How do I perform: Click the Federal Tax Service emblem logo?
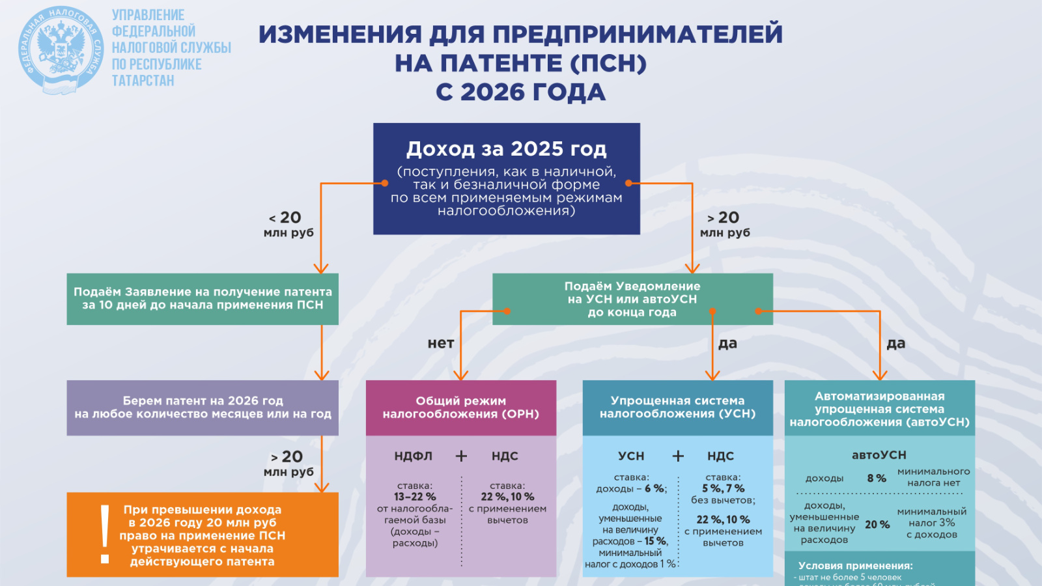tap(61, 49)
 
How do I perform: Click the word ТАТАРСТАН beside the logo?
tap(143, 81)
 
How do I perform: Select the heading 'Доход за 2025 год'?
tap(506, 149)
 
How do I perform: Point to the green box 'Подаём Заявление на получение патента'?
tap(203, 299)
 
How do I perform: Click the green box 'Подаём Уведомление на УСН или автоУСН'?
tap(632, 299)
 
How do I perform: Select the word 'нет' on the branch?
tap(441, 343)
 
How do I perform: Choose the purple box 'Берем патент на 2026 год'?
tap(203, 408)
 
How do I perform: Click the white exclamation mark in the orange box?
tap(105, 534)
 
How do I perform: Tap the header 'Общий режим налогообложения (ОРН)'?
tap(460, 408)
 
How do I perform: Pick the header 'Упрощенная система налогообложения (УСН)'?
tap(677, 408)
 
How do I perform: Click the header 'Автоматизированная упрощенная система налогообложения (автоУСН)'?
tap(879, 409)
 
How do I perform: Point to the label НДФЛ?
tap(413, 456)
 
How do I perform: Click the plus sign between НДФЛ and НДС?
tap(461, 456)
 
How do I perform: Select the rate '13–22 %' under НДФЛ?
tap(414, 497)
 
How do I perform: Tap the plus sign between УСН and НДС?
tap(678, 456)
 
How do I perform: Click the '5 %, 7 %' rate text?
tap(723, 488)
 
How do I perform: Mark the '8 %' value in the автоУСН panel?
tap(877, 478)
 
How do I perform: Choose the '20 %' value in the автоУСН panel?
tap(877, 524)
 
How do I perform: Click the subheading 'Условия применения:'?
tap(855, 566)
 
